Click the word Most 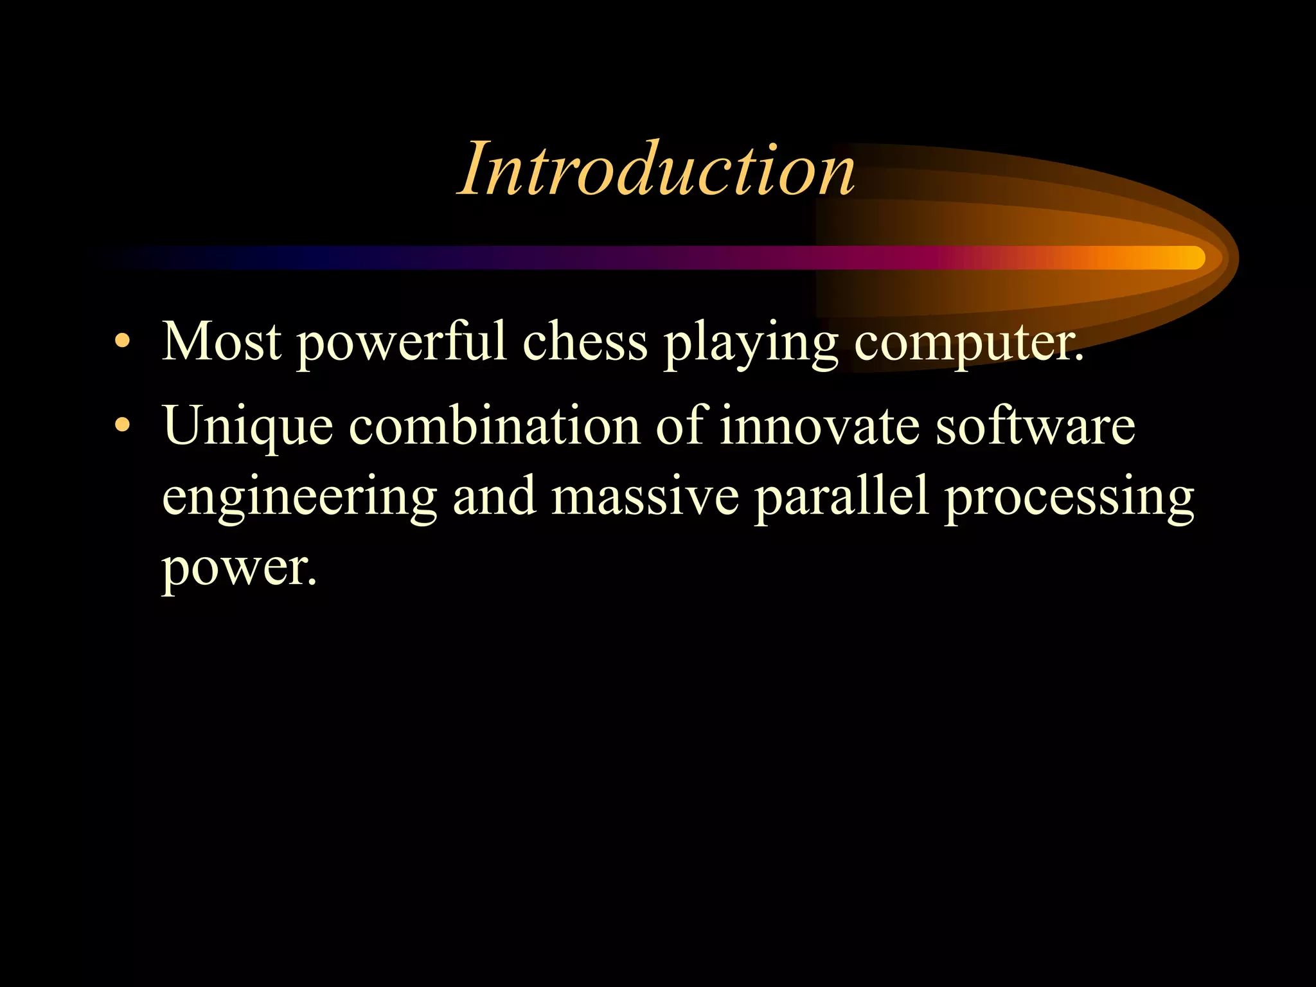tap(222, 341)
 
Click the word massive tap(645, 496)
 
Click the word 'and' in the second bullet tap(495, 496)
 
